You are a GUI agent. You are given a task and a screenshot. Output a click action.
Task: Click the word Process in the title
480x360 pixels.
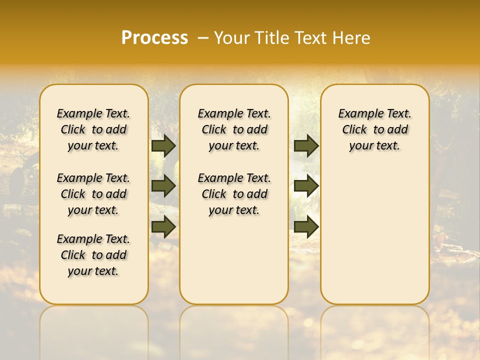(x=154, y=38)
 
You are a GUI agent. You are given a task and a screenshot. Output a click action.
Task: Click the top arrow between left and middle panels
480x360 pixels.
(x=163, y=146)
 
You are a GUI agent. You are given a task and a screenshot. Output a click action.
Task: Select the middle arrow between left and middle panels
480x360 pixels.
(x=163, y=186)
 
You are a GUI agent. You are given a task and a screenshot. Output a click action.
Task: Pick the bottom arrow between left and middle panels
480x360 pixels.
(x=163, y=226)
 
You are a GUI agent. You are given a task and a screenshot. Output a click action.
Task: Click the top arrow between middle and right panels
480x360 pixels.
(x=306, y=146)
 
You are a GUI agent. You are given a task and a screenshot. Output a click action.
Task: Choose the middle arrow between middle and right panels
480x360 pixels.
(x=306, y=186)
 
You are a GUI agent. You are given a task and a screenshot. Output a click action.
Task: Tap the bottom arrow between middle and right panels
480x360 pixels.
(x=306, y=226)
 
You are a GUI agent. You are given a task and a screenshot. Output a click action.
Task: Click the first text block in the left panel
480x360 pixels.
(x=93, y=129)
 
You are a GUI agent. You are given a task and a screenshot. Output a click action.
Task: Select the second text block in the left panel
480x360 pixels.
(x=93, y=194)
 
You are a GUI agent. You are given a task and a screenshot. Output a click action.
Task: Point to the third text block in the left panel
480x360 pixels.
(x=93, y=255)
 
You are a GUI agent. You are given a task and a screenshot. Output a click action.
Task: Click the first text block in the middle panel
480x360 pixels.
(x=234, y=129)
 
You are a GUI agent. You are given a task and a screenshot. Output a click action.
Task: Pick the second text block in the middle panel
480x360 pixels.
(x=234, y=194)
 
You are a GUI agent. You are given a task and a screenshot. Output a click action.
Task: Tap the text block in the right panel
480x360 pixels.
(x=375, y=129)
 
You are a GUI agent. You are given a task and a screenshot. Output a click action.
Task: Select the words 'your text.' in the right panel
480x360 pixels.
(x=375, y=146)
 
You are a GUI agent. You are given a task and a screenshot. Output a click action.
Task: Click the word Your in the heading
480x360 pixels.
(x=231, y=38)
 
